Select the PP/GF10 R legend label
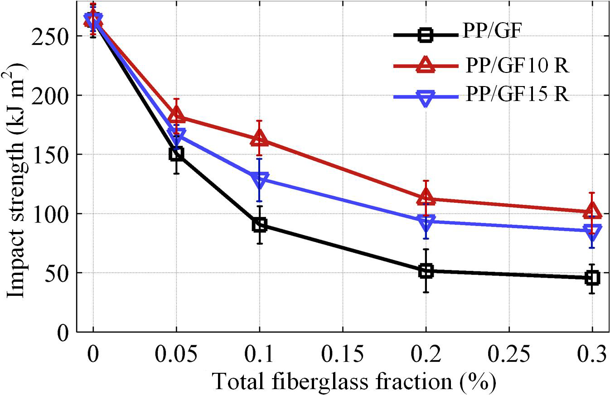pyautogui.click(x=517, y=67)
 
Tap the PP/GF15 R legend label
pyautogui.click(x=517, y=96)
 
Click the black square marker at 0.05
pyautogui.click(x=176, y=154)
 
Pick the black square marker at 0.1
pyautogui.click(x=259, y=225)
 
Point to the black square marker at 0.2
pyautogui.click(x=426, y=271)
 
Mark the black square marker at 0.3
pyautogui.click(x=592, y=278)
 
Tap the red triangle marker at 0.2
pyautogui.click(x=426, y=197)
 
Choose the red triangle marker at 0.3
pyautogui.click(x=592, y=211)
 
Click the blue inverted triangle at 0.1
pyautogui.click(x=259, y=179)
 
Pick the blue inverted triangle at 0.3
pyautogui.click(x=592, y=231)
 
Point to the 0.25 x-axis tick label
pyautogui.click(x=509, y=355)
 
